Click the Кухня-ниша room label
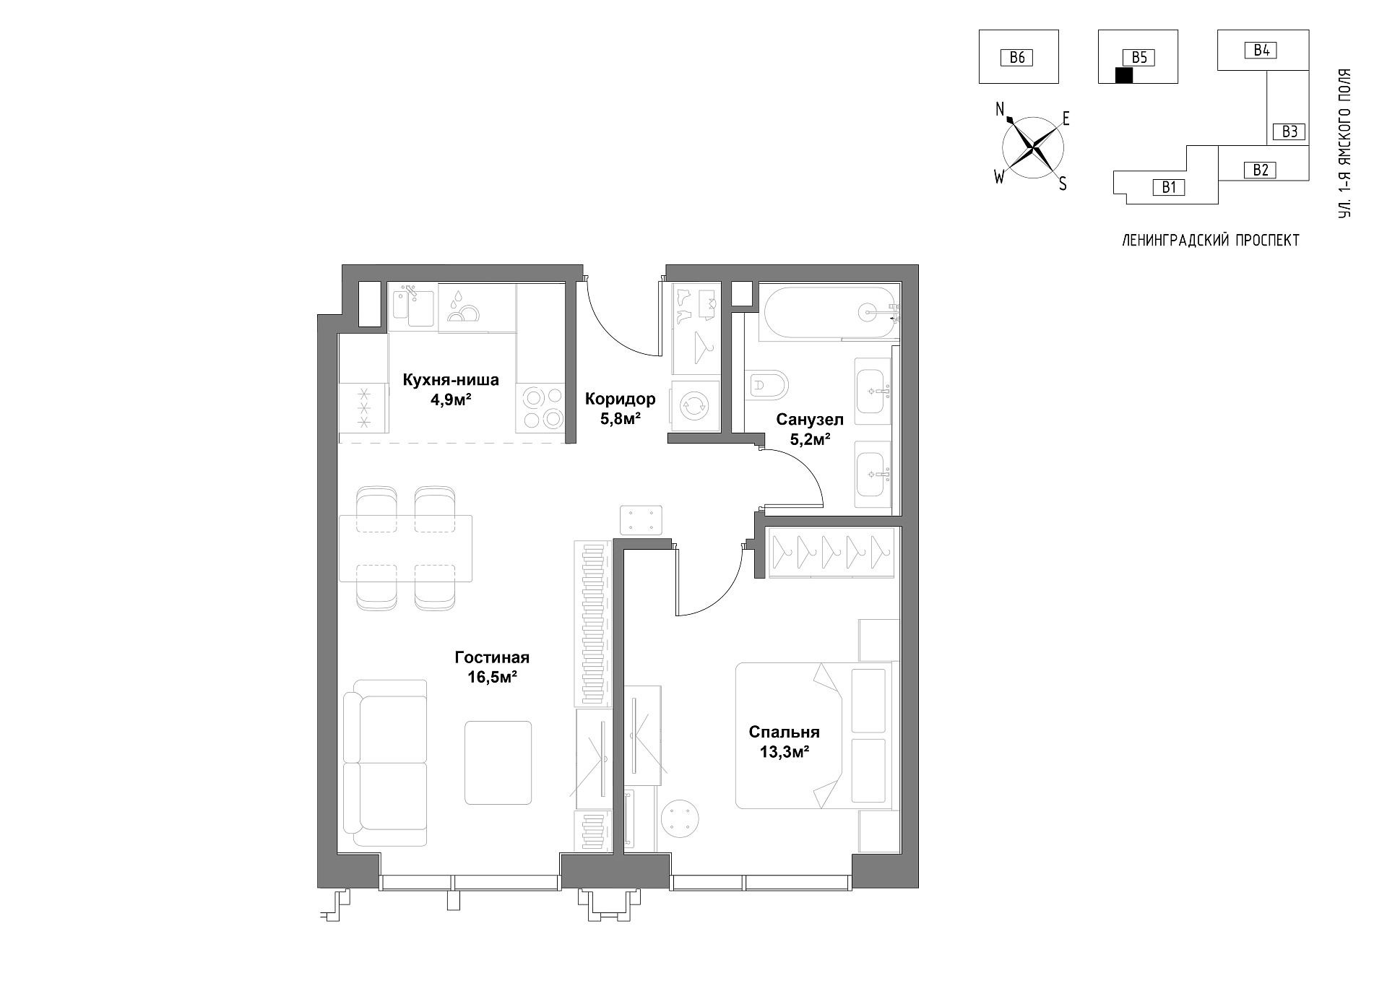[450, 380]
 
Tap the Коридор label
[621, 399]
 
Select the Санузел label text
[810, 420]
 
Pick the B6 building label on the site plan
[1017, 58]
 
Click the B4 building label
[1261, 51]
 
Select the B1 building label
[1169, 188]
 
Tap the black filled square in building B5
[1124, 75]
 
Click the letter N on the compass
[1001, 109]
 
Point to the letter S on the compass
[1063, 184]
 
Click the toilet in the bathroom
[769, 385]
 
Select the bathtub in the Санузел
[829, 312]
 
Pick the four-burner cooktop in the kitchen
[541, 408]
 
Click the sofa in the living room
[385, 762]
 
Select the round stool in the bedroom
[680, 818]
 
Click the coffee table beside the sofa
[498, 763]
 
